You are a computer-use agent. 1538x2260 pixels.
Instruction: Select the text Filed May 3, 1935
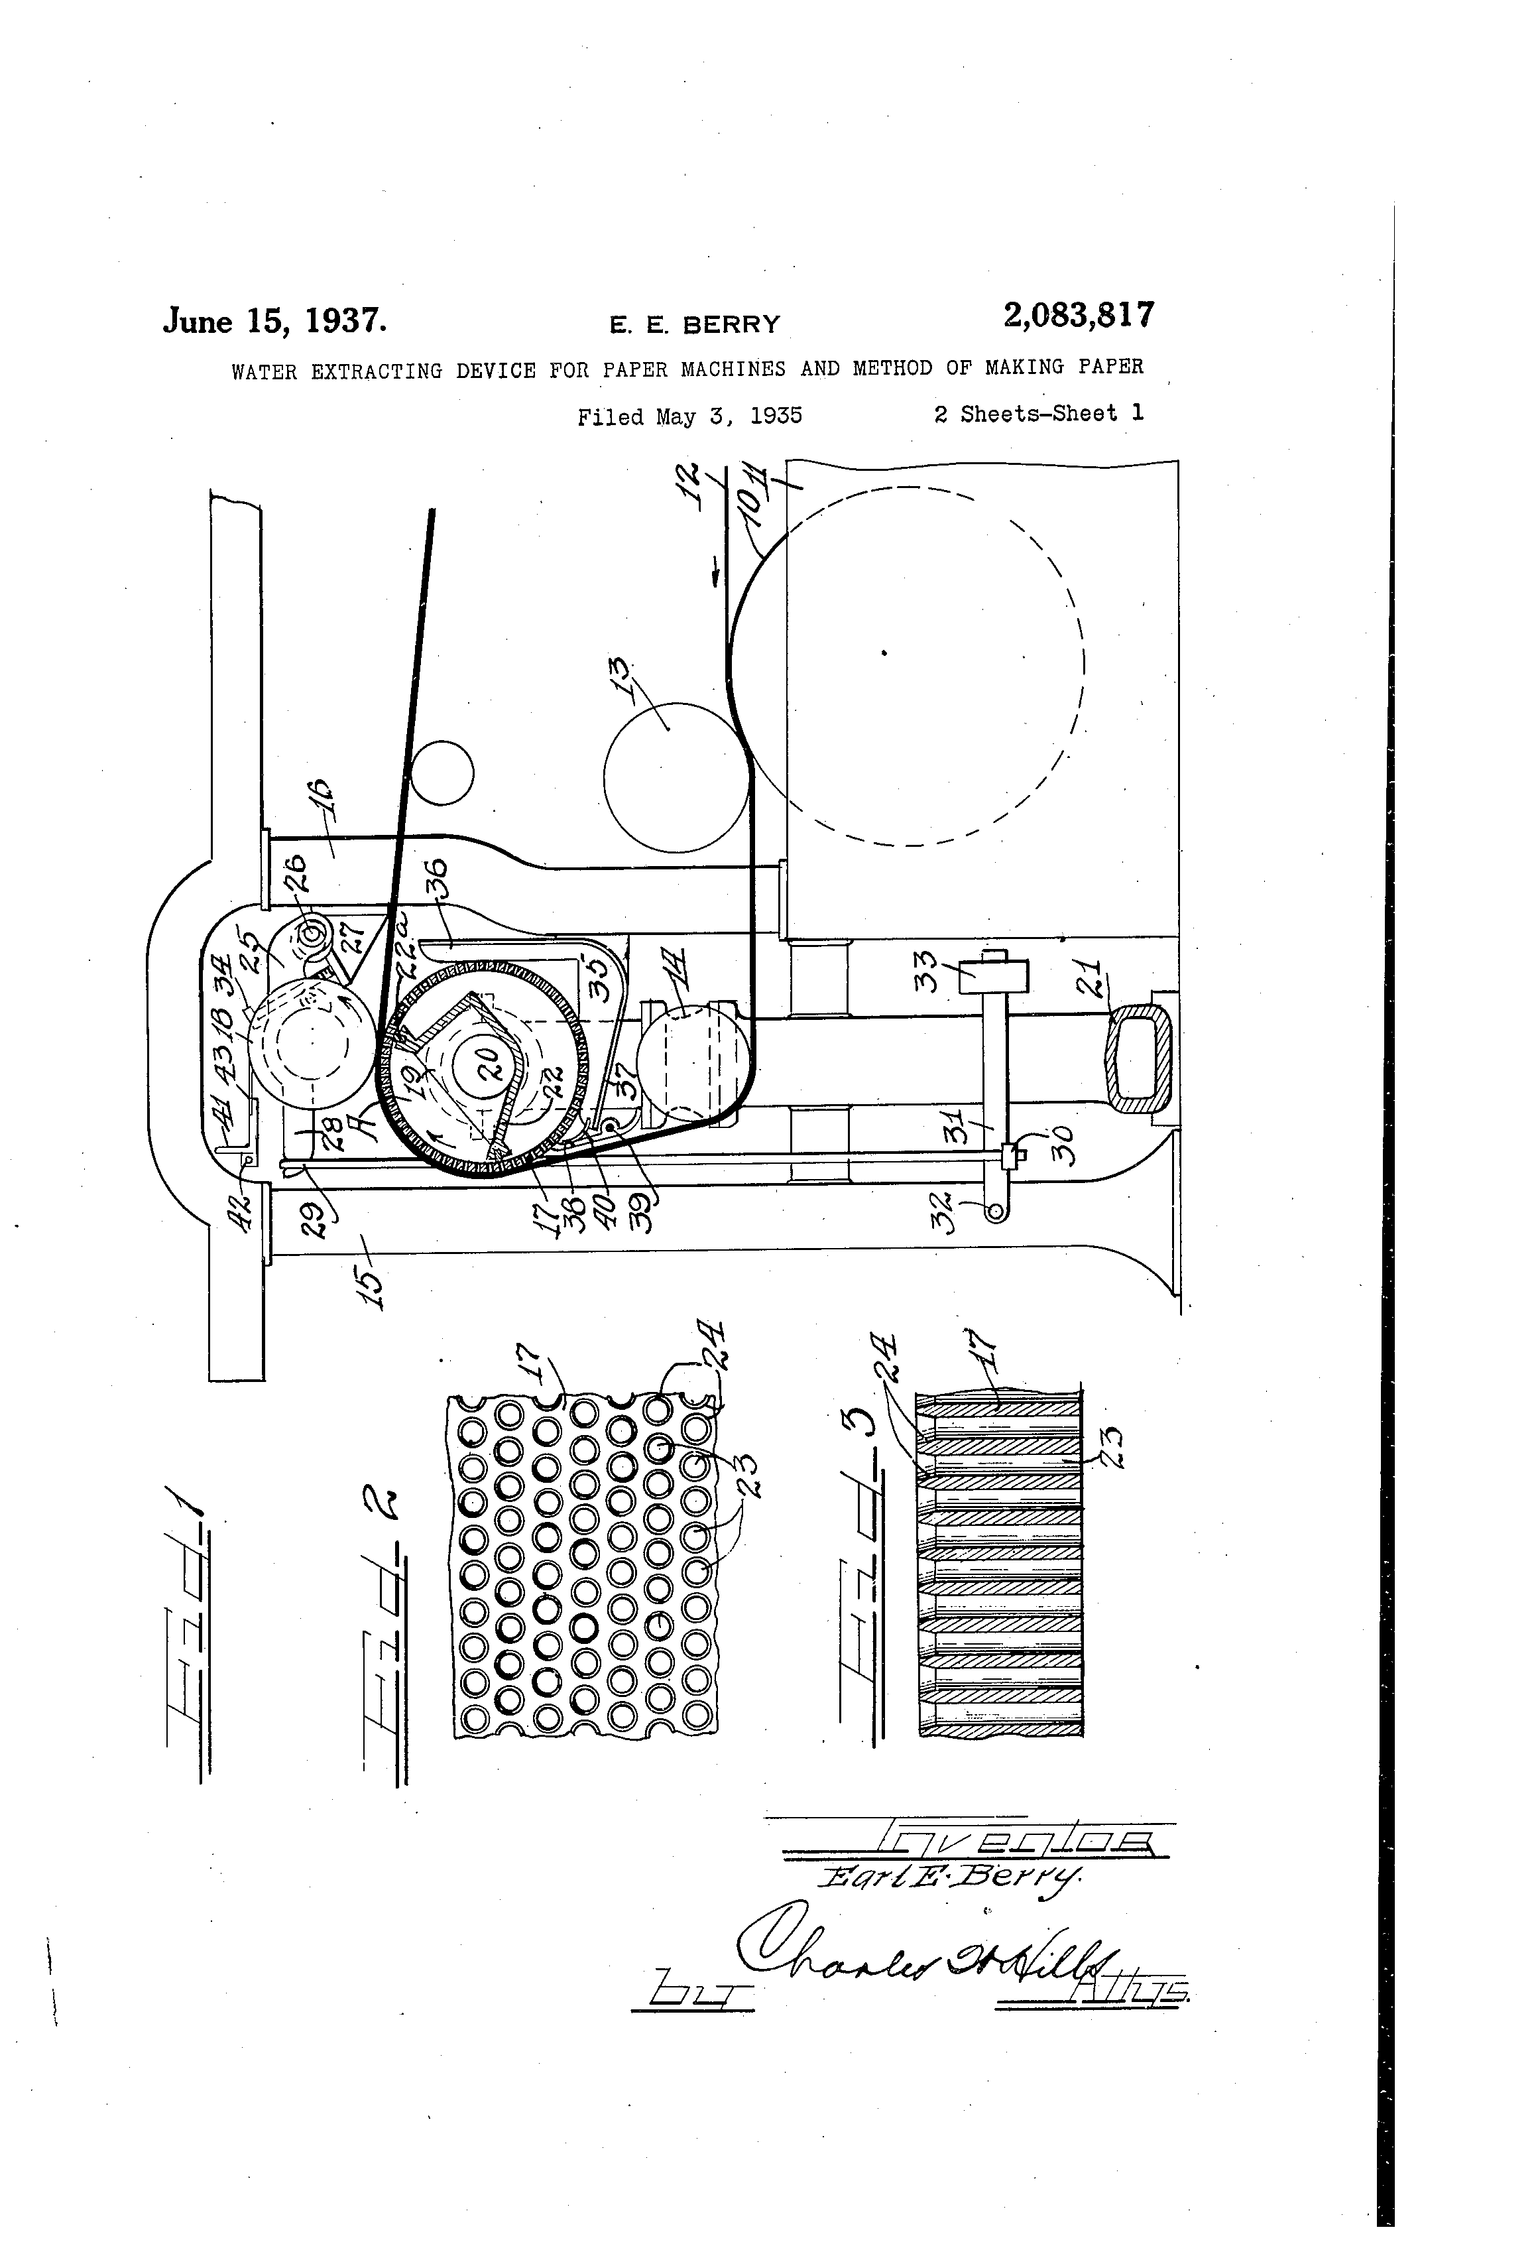click(x=689, y=416)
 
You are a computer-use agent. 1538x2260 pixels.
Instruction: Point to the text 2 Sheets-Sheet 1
click(x=1038, y=413)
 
